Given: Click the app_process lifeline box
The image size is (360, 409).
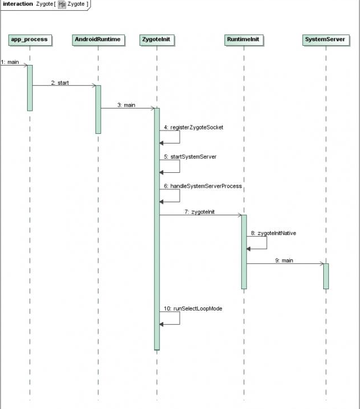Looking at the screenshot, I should point(30,40).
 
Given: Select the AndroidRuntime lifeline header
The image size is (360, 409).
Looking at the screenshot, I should point(98,40).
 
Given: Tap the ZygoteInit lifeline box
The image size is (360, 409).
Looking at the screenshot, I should point(157,40).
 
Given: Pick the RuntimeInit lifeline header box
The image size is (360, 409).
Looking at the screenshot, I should point(244,40).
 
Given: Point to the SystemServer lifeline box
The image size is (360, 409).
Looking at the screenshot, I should point(325,40).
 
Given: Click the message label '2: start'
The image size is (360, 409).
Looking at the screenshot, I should point(60,82).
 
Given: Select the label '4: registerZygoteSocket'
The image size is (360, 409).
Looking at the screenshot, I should point(194,127).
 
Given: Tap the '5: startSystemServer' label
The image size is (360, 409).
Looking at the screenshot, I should point(190,156).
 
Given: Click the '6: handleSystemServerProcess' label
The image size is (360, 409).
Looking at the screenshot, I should point(203,185).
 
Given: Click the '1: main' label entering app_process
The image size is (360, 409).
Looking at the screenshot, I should point(10,62).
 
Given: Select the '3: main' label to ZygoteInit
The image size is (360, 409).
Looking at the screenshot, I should point(127,105).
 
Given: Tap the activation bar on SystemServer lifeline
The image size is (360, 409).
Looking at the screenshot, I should point(326,276).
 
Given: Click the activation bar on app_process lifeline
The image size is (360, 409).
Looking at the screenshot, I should point(30,88).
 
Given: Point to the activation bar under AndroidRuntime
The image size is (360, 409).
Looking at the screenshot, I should point(98,109).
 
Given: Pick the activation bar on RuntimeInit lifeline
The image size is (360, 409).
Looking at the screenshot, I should point(244,251).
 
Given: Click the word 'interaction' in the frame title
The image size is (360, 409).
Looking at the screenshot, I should point(18,4).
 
